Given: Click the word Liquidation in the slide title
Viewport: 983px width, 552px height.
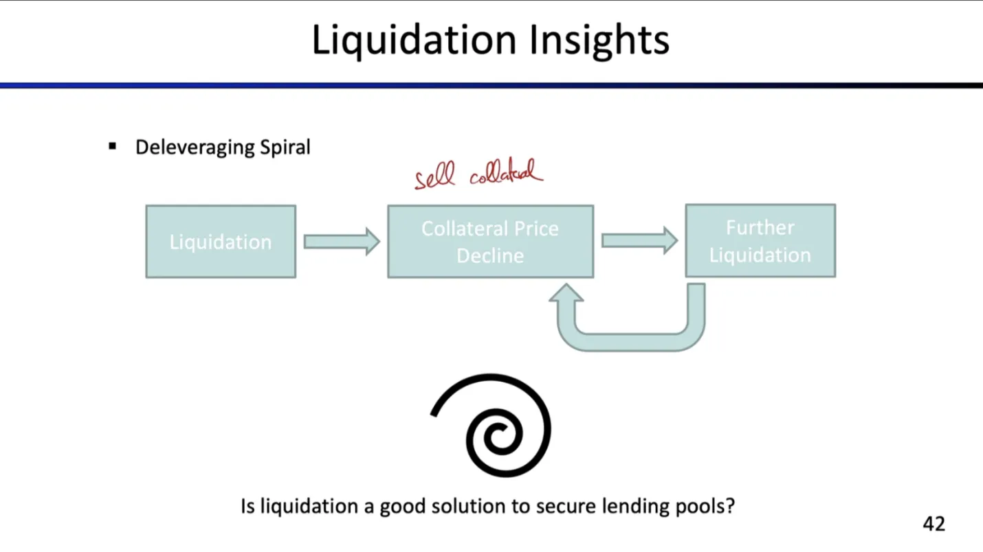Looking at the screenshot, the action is point(414,41).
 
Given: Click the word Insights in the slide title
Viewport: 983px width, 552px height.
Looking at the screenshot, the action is point(599,41).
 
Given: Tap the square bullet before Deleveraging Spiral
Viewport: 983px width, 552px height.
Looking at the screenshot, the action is point(112,146).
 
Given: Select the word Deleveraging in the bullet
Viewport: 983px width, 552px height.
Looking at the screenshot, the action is point(195,148).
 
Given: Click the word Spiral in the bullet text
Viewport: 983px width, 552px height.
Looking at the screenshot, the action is point(285,148).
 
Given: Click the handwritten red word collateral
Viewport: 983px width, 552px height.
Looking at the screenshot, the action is point(507,172).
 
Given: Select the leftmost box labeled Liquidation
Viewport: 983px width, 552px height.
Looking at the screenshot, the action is point(221,242).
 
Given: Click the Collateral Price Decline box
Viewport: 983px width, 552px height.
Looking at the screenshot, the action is point(491,242).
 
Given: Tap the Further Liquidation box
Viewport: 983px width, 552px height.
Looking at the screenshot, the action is point(760,241).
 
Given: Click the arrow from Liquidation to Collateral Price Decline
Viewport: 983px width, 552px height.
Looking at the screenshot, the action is point(342,242).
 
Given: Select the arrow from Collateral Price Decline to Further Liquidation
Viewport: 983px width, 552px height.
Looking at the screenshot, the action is point(640,240).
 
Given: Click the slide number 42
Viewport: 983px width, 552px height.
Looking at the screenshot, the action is point(934,523).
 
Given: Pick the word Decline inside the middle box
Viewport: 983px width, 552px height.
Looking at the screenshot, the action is point(490,255).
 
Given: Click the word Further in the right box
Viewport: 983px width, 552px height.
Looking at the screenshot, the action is point(760,227).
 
